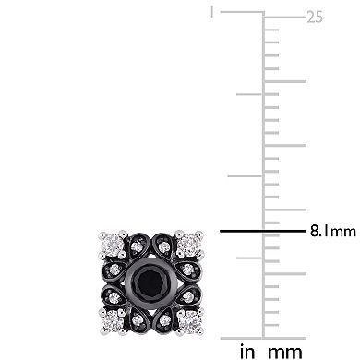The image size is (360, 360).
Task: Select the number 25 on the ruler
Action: click(x=315, y=16)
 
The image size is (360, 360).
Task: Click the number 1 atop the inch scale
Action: click(x=211, y=13)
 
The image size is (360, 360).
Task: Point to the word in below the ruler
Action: click(x=247, y=351)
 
